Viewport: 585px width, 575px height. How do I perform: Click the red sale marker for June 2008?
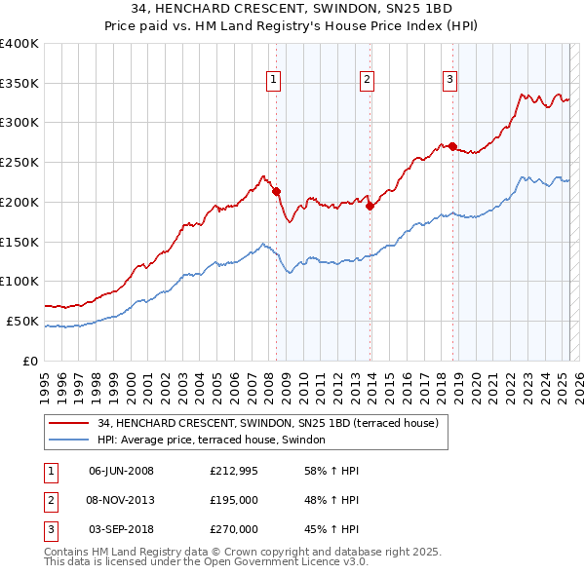pos(276,191)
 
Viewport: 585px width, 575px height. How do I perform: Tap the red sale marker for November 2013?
pos(370,205)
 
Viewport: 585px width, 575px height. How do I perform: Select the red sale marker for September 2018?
pos(453,146)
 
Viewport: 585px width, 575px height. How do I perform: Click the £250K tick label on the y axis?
pos(19,163)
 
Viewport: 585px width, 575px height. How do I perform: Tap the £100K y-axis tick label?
pos(19,282)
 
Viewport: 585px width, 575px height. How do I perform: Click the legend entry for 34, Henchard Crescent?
pos(268,424)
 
